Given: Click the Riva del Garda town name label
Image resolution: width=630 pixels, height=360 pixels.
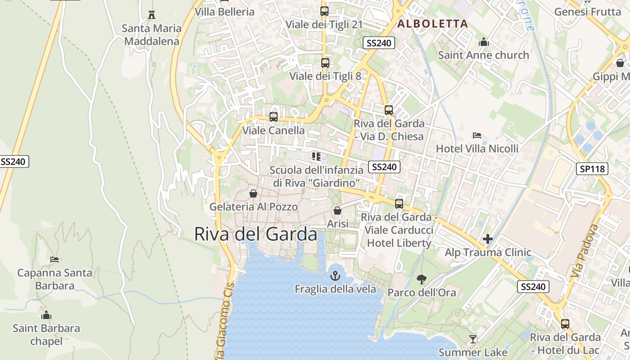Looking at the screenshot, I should pyautogui.click(x=256, y=234).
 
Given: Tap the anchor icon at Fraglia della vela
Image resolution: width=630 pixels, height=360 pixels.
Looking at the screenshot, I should pyautogui.click(x=335, y=275).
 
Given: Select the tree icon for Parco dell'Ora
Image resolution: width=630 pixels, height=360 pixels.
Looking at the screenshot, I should pyautogui.click(x=422, y=279).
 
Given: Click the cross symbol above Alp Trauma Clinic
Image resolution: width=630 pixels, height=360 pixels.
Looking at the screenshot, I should pyautogui.click(x=488, y=239).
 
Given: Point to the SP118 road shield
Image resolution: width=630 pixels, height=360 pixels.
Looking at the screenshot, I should pyautogui.click(x=592, y=169).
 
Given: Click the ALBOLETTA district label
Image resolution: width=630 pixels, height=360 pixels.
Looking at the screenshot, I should pyautogui.click(x=433, y=24).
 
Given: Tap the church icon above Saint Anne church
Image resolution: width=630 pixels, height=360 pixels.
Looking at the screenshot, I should pyautogui.click(x=484, y=42).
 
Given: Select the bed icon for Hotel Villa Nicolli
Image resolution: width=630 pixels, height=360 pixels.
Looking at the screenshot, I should pyautogui.click(x=477, y=135).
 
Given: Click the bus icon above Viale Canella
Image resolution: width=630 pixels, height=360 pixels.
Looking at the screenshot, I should pyautogui.click(x=274, y=117).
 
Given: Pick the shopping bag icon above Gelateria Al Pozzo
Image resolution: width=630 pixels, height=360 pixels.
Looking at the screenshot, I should pyautogui.click(x=253, y=193).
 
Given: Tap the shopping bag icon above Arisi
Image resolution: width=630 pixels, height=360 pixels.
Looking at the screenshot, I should pyautogui.click(x=337, y=211).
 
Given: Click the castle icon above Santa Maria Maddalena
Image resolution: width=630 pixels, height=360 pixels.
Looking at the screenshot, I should pyautogui.click(x=152, y=15).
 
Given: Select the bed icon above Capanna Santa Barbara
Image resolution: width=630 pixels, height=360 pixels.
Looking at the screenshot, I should pyautogui.click(x=54, y=260).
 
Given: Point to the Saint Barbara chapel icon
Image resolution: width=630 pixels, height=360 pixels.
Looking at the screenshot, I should pyautogui.click(x=46, y=315).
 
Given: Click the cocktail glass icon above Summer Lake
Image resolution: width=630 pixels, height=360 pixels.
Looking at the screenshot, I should pyautogui.click(x=472, y=339).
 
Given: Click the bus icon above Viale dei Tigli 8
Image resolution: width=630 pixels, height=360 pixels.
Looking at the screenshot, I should pyautogui.click(x=325, y=63).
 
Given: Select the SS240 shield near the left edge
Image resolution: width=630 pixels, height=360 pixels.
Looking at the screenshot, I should pyautogui.click(x=13, y=162).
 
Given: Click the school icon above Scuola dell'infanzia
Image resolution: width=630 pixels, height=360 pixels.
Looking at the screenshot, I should pyautogui.click(x=316, y=157).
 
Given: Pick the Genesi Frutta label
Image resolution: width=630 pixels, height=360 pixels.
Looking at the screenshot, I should pyautogui.click(x=587, y=12).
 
